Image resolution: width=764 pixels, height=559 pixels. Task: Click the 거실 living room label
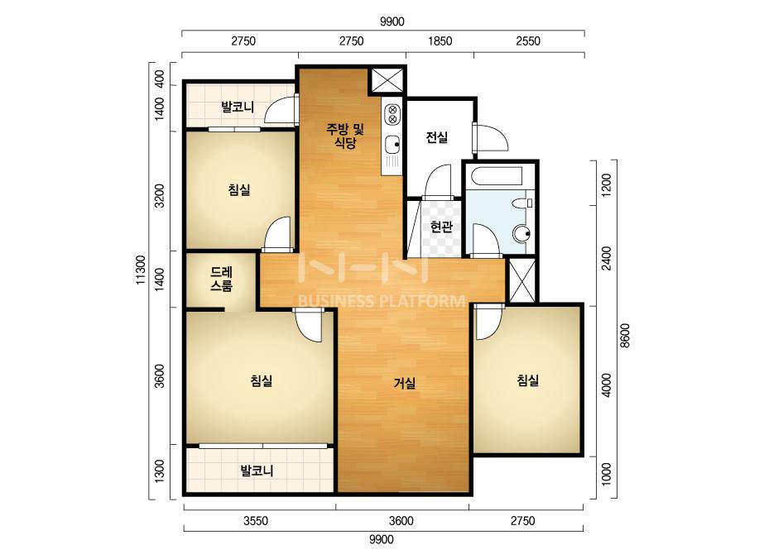(405, 383)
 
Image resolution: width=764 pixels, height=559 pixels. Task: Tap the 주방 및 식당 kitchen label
(345, 136)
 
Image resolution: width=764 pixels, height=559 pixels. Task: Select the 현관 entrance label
(441, 227)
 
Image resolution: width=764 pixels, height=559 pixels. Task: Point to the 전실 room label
(436, 137)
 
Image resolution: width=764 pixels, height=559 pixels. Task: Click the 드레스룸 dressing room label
(222, 279)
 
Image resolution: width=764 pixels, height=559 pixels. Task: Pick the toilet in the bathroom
(524, 203)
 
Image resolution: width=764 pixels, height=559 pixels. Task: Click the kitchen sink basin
(392, 144)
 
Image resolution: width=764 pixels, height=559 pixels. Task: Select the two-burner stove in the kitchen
(392, 114)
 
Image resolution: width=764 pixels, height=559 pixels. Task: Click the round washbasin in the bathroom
(523, 234)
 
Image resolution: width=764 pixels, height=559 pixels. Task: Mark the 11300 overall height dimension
(141, 270)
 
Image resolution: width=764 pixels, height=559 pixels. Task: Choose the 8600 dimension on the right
(625, 336)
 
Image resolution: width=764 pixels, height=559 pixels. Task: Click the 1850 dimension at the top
(440, 41)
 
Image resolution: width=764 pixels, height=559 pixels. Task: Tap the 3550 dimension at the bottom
(256, 521)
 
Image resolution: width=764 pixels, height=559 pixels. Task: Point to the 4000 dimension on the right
(606, 385)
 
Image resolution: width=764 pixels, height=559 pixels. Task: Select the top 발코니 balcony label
(238, 107)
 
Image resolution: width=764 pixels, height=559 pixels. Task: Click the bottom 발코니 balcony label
(257, 471)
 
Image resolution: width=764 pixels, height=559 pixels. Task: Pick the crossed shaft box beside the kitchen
(387, 80)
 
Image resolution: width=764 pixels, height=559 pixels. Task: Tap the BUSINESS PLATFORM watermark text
(381, 301)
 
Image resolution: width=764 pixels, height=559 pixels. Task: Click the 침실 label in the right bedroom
(528, 380)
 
